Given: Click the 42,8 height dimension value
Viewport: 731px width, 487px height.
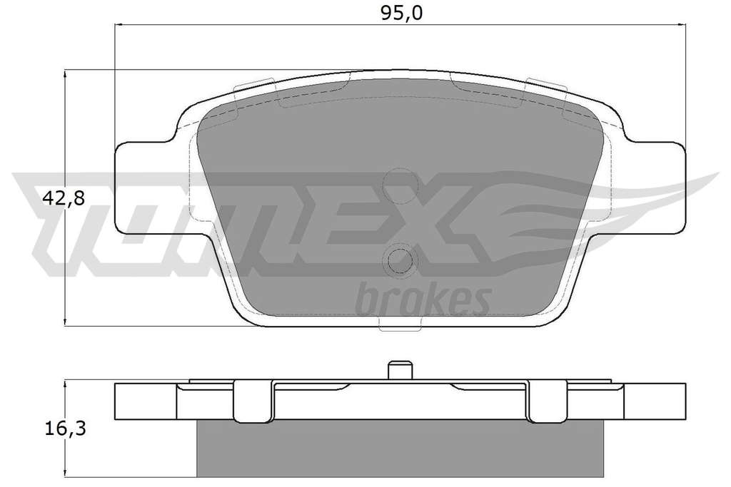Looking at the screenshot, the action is [x=64, y=199].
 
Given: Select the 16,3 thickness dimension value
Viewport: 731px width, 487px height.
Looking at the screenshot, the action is [x=65, y=429].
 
